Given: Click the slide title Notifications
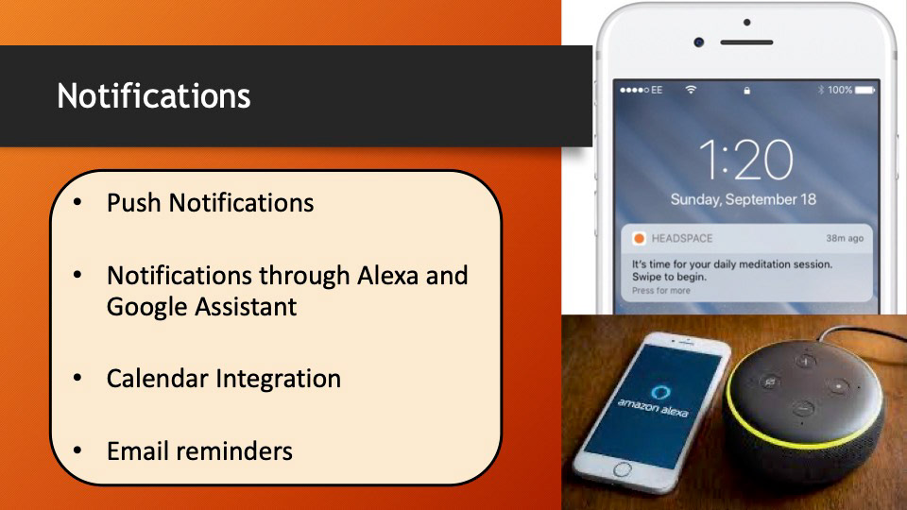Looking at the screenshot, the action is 154,95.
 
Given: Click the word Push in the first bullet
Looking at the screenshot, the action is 133,203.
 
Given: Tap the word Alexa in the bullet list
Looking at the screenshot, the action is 387,275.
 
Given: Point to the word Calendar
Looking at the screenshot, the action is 158,379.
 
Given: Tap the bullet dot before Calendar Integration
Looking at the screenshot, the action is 77,378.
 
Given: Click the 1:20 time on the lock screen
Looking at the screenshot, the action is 745,159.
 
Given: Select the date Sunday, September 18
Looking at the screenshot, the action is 744,199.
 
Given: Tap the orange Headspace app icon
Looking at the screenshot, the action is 640,238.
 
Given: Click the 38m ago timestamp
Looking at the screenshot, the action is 845,238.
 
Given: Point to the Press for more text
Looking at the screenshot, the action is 660,290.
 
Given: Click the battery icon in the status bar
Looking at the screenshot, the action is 864,91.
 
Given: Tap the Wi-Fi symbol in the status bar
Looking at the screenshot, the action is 691,90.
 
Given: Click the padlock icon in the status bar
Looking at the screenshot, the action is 746,91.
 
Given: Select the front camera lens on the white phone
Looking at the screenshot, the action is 699,42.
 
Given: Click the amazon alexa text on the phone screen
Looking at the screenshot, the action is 653,407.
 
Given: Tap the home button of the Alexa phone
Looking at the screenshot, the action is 622,469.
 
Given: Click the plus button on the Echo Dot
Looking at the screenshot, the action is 805,362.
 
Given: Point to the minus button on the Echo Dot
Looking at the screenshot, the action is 803,409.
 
